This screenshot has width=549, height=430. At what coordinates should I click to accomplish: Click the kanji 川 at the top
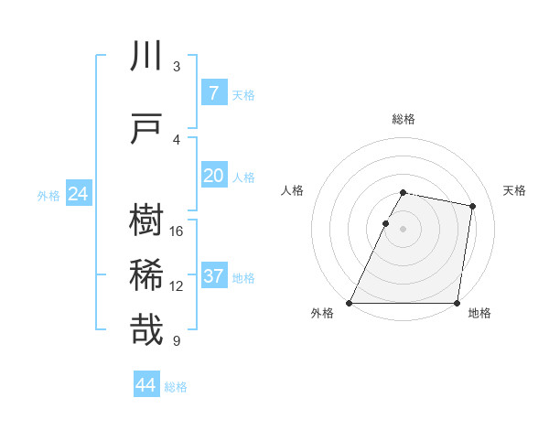[x=146, y=56]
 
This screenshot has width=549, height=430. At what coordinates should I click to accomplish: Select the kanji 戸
[x=146, y=129]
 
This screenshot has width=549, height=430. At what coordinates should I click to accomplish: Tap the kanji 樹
[x=146, y=221]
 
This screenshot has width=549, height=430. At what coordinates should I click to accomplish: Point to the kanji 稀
[x=146, y=275]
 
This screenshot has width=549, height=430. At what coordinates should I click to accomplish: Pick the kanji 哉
[x=146, y=329]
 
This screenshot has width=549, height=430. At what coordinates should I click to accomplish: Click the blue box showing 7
[x=213, y=92]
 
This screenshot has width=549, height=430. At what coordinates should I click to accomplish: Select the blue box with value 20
[x=213, y=175]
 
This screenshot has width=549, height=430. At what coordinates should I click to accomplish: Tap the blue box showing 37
[x=213, y=275]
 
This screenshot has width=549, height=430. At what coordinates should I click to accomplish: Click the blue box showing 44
[x=146, y=385]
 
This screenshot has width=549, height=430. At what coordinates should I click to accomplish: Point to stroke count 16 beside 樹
[x=177, y=231]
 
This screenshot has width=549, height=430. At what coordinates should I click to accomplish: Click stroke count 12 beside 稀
[x=177, y=285]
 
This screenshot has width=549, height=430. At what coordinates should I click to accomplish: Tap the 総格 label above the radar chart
[x=404, y=119]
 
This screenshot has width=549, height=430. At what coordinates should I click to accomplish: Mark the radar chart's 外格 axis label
[x=322, y=313]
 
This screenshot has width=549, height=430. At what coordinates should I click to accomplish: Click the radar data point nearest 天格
[x=472, y=206]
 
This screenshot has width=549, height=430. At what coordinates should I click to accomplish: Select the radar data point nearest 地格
[x=457, y=303]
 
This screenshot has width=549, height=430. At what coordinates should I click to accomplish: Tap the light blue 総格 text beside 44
[x=176, y=386]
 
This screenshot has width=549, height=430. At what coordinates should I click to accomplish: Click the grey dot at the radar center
[x=403, y=229]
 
